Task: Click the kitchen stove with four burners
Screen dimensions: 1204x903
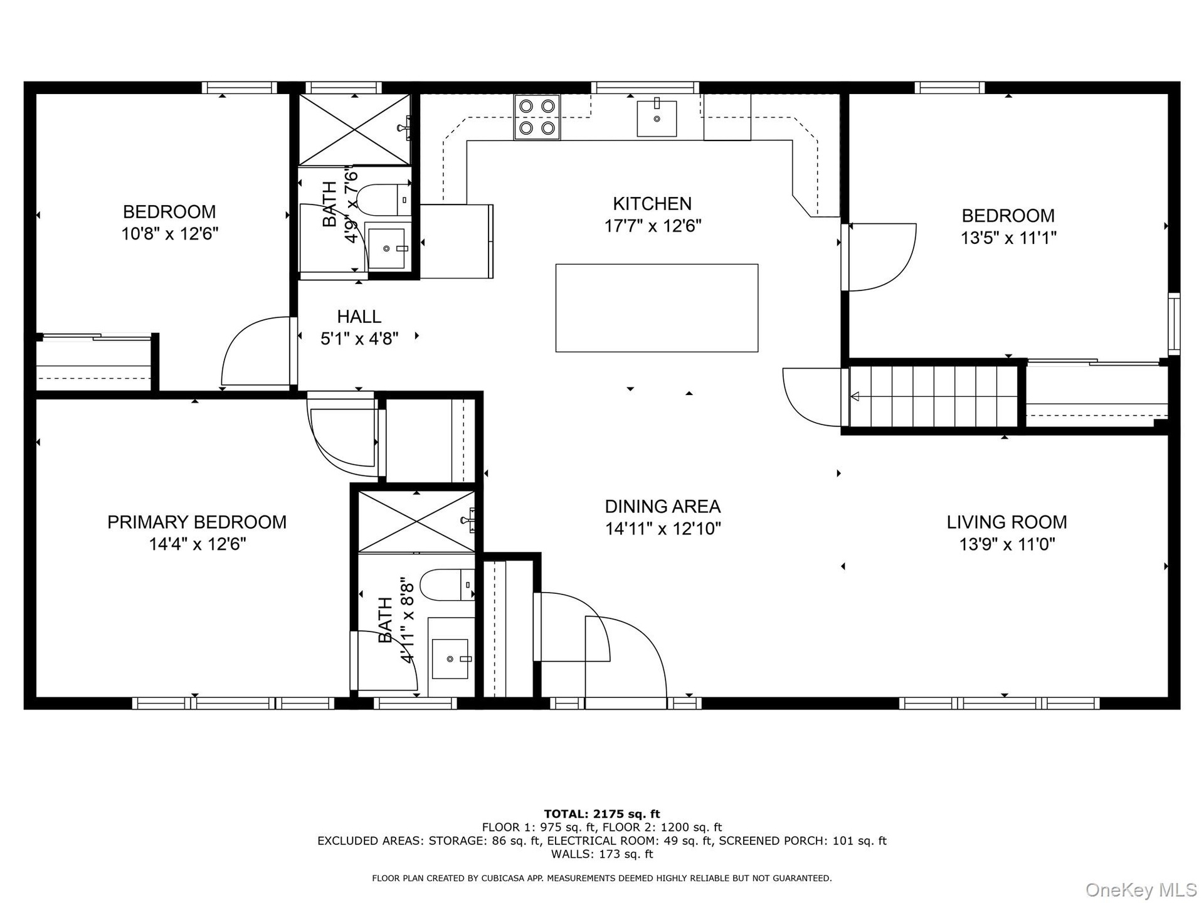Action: [537, 117]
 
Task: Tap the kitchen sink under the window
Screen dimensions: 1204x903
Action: [657, 118]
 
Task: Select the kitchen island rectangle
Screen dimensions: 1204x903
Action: [657, 308]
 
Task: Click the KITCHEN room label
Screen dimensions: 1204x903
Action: [652, 204]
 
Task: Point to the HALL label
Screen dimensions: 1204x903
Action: [359, 317]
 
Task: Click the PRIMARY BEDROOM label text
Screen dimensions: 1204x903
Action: [197, 522]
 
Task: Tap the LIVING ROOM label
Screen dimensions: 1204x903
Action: [1007, 522]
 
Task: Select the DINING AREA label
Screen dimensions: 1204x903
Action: [663, 507]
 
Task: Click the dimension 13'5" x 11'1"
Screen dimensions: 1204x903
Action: [1009, 238]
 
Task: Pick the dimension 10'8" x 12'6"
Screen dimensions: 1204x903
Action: [170, 234]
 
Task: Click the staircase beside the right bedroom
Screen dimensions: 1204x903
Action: [934, 396]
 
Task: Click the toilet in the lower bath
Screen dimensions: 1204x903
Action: [447, 585]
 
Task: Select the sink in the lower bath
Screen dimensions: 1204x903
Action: [450, 659]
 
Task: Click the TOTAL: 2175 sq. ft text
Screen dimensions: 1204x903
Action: [602, 815]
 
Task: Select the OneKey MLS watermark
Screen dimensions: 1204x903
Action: [1141, 889]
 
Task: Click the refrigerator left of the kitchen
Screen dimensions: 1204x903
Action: [457, 241]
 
